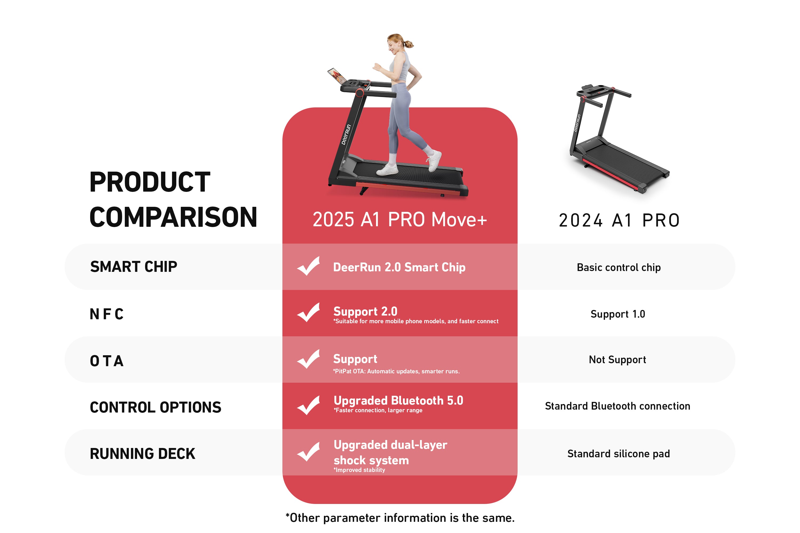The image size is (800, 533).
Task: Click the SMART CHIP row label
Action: tap(134, 267)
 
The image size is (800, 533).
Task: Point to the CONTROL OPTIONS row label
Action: tap(155, 407)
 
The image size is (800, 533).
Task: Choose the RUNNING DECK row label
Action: tap(142, 454)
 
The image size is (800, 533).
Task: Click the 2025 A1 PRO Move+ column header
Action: tap(400, 220)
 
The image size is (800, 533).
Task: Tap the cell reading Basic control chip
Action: tap(619, 268)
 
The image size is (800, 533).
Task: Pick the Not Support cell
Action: tap(617, 360)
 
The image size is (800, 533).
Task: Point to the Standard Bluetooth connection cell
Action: tap(617, 406)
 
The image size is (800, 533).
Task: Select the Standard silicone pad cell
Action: tap(618, 454)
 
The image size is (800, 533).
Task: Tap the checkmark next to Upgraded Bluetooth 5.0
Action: tap(309, 405)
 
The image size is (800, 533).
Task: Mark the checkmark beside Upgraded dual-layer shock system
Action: tap(309, 452)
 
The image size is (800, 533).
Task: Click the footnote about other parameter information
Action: tap(400, 518)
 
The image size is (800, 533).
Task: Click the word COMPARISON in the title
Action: tap(173, 217)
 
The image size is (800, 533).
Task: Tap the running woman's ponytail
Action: tap(408, 44)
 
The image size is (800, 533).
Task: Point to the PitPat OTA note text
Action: tap(396, 371)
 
